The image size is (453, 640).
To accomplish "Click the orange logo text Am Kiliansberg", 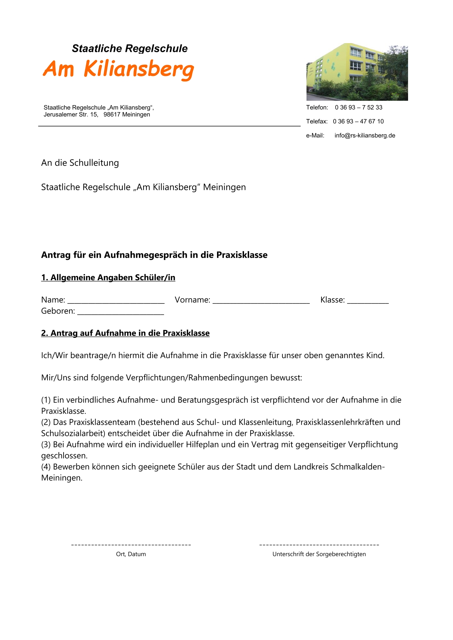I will (x=118, y=69).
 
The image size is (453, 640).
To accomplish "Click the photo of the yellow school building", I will (x=357, y=72).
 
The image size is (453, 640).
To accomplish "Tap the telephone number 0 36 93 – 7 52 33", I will (x=358, y=107).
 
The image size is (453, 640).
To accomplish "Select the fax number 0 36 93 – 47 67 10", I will (x=358, y=121).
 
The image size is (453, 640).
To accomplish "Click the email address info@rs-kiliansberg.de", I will (x=365, y=135).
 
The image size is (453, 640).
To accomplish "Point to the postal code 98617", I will (x=112, y=115).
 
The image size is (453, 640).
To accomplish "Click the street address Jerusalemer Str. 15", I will (x=71, y=115).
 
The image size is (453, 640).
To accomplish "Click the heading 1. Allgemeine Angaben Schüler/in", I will (x=108, y=277).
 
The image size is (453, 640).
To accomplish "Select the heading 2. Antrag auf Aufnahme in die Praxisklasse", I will (x=125, y=333).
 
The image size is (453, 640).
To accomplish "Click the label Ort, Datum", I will (x=131, y=554).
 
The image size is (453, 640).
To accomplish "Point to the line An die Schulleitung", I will (x=80, y=163).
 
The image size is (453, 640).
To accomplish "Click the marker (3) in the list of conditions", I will (x=46, y=445).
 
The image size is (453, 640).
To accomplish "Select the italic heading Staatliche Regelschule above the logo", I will (x=130, y=49).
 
